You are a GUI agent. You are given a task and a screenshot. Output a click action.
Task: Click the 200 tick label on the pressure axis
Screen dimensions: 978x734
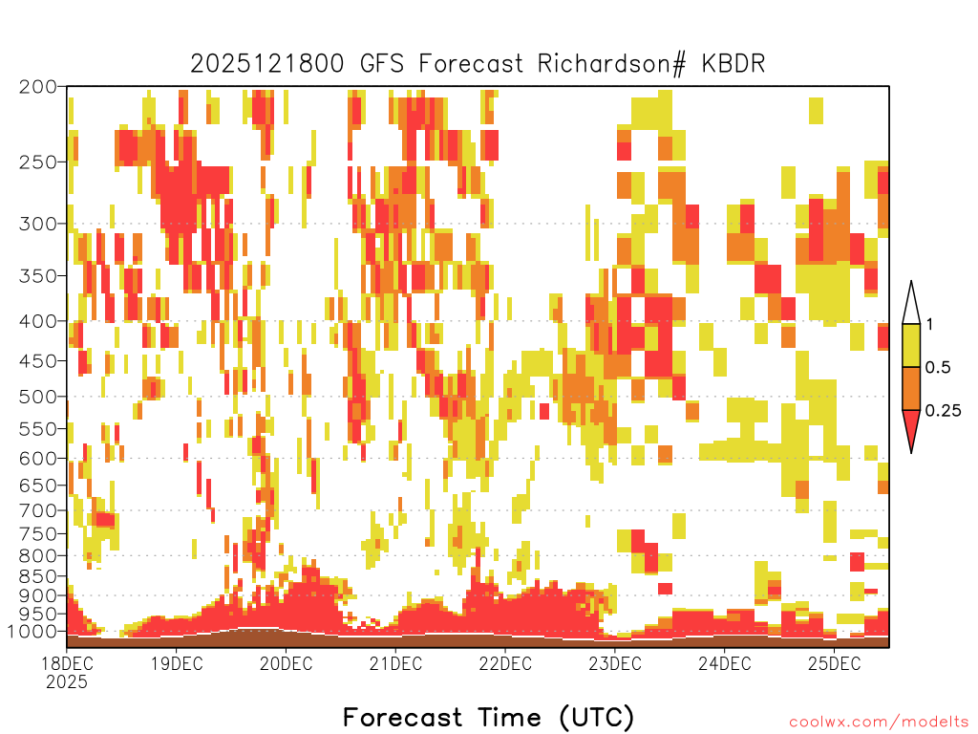37,87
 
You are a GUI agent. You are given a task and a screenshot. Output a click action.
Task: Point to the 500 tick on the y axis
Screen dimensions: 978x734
37,397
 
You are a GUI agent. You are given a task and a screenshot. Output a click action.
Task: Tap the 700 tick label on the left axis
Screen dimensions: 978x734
37,511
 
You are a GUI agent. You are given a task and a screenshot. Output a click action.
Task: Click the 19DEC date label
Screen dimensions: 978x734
177,663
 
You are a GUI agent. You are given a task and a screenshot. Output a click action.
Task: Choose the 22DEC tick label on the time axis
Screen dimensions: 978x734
505,663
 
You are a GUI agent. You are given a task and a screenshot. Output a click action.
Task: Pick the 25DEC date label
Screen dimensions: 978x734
834,663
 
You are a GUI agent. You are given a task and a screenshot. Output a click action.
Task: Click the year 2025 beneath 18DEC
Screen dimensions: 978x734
67,681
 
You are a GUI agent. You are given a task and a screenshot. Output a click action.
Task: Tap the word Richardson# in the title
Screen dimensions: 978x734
612,64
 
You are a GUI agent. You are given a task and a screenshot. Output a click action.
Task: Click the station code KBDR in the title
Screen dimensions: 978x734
733,64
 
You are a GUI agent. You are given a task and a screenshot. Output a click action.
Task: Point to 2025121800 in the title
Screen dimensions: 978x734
267,64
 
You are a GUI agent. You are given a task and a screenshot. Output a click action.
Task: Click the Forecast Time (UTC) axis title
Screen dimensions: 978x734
488,717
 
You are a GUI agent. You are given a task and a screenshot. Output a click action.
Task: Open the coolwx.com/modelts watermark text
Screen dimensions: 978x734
880,723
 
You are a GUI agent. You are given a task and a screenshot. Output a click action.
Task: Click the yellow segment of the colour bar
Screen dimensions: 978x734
911,345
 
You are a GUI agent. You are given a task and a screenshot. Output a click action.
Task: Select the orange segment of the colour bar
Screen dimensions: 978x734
911,388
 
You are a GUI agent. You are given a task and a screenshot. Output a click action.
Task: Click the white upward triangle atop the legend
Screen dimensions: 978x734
911,304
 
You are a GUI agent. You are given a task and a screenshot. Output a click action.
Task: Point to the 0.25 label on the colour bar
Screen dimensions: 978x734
943,411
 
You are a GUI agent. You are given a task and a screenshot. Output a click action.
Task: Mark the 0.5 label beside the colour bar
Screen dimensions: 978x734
938,368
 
